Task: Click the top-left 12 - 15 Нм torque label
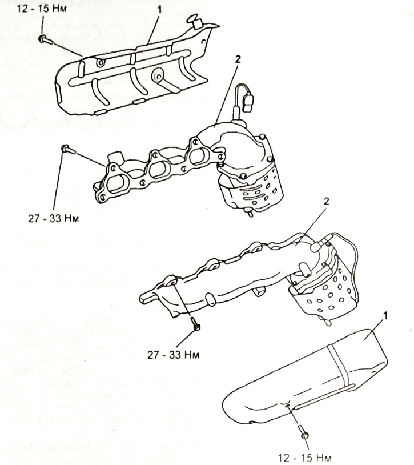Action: pyautogui.click(x=42, y=8)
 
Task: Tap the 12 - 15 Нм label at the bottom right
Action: pyautogui.click(x=305, y=458)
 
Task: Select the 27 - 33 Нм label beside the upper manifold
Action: pyautogui.click(x=54, y=219)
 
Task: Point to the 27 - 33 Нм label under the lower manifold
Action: pyautogui.click(x=173, y=355)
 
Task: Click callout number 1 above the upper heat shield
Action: pyautogui.click(x=159, y=10)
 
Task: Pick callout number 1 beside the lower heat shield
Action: pyautogui.click(x=385, y=316)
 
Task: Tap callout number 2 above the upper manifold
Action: pyautogui.click(x=238, y=59)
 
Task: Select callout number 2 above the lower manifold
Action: pyautogui.click(x=326, y=202)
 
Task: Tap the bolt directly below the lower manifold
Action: pyautogui.click(x=195, y=324)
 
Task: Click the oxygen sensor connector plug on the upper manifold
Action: pyautogui.click(x=248, y=103)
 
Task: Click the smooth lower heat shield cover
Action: pyautogui.click(x=306, y=376)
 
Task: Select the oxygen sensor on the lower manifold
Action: pyautogui.click(x=317, y=247)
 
